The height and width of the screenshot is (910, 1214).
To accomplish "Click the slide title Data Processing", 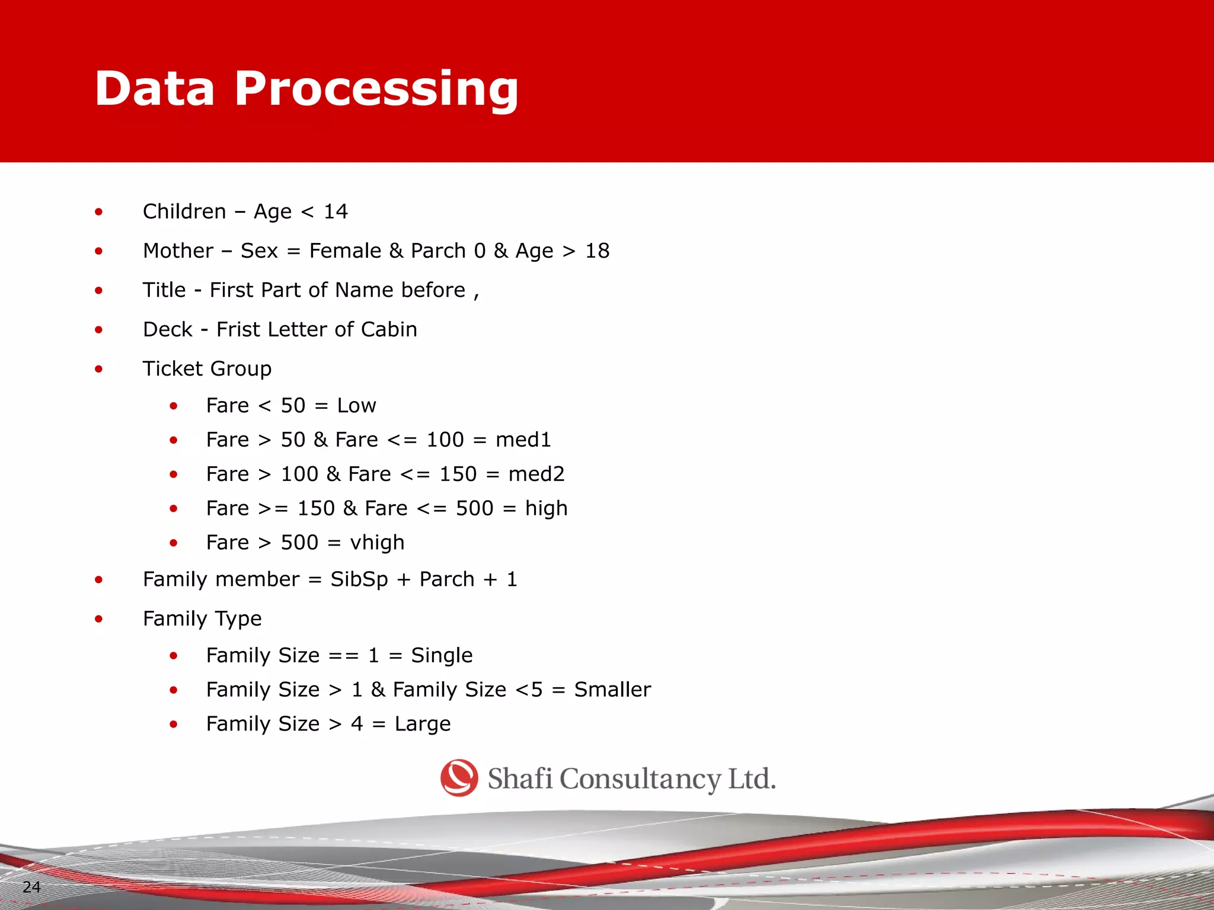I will tap(306, 89).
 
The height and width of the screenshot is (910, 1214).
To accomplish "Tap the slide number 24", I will tap(31, 887).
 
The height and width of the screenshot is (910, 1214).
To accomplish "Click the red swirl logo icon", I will tap(459, 778).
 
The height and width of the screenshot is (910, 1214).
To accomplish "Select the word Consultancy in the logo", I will tap(640, 779).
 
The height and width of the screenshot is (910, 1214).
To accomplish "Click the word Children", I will tap(184, 212).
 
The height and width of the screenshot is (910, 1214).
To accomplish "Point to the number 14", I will tap(336, 212).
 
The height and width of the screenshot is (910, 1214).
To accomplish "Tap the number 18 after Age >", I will tap(597, 251).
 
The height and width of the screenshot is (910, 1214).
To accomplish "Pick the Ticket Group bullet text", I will tap(207, 369).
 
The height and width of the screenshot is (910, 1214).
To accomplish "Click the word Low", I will tap(356, 406).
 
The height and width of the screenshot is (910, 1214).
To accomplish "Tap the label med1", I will tap(523, 440).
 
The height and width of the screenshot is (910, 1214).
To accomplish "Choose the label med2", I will tap(536, 474).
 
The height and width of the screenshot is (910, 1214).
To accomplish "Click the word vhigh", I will tap(377, 543).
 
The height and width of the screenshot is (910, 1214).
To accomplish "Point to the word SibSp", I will tap(359, 579).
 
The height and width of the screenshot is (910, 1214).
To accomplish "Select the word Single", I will tap(442, 656).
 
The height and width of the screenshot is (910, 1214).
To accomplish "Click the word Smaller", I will tap(612, 690).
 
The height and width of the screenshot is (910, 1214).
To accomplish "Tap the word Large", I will tap(423, 724).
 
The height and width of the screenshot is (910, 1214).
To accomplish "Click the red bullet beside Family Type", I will tap(99, 619).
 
